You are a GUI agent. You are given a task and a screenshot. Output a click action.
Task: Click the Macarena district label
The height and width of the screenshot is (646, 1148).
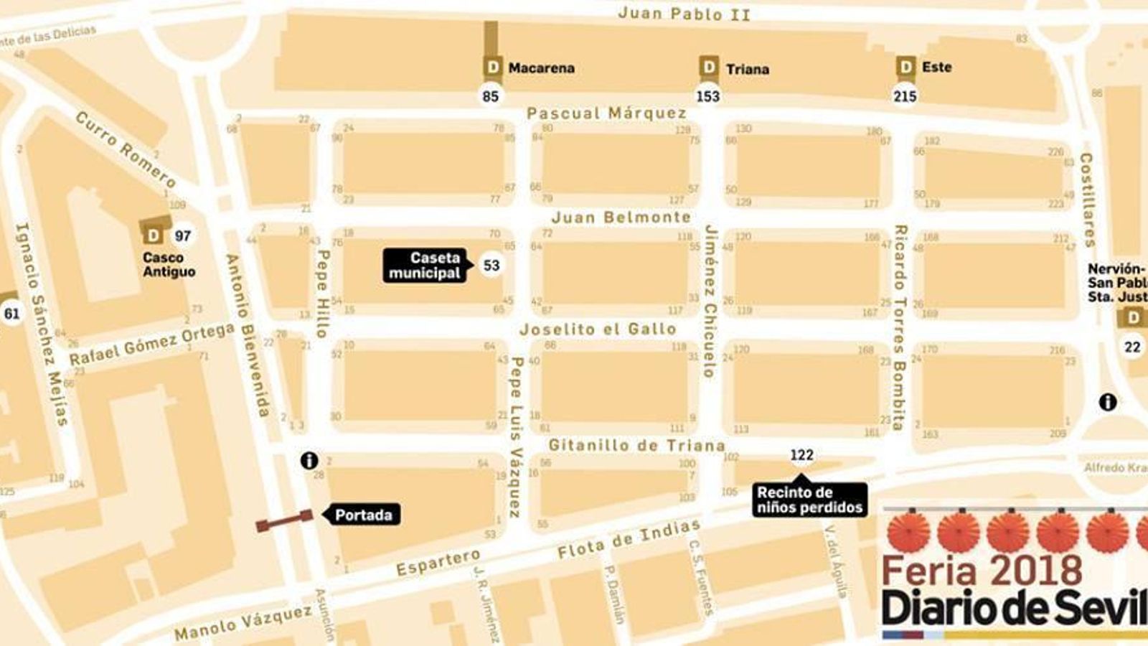(541, 68)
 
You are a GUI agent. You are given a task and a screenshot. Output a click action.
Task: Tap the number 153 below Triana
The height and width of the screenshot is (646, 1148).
(708, 96)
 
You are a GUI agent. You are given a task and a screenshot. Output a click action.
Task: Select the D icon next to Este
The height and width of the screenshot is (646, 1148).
(905, 67)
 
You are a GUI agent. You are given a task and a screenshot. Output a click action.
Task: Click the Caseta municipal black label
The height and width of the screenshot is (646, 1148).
(425, 266)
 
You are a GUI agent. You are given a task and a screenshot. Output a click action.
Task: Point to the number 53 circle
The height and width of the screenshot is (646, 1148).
(491, 266)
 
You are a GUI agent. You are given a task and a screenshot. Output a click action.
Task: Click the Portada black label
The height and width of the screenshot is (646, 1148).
(362, 515)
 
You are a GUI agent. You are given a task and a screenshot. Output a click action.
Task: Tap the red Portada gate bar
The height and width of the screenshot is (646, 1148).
(284, 521)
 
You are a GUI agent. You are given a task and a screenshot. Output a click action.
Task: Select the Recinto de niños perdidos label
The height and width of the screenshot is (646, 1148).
(810, 500)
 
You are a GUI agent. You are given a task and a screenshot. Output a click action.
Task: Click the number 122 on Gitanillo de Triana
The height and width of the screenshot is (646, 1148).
(801, 455)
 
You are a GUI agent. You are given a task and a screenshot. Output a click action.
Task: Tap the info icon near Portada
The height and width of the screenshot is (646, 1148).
(309, 460)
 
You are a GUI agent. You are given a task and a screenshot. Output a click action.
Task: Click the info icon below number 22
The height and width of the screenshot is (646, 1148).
(1108, 402)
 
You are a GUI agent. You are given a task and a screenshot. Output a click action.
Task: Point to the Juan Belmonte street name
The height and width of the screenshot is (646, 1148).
(621, 217)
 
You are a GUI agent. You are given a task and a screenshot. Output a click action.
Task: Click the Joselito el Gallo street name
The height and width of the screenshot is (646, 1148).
(598, 329)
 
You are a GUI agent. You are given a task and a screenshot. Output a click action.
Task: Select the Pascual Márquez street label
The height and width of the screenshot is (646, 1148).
(607, 113)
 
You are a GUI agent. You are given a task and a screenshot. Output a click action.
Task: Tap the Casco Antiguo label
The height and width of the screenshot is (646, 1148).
(169, 264)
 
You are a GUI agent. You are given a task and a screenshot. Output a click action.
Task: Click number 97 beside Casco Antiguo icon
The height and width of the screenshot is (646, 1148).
(183, 235)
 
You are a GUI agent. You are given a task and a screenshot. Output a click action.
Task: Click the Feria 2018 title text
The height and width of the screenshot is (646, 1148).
(982, 571)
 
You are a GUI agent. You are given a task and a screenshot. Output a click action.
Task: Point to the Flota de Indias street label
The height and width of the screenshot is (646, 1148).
(629, 540)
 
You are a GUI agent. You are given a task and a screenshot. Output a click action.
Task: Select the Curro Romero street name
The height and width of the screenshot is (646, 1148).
(126, 149)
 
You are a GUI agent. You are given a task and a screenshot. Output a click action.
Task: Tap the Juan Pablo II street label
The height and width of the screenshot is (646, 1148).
(684, 13)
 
